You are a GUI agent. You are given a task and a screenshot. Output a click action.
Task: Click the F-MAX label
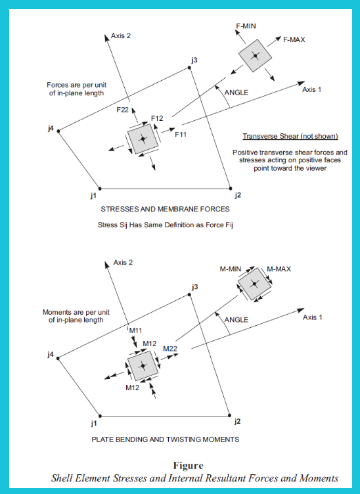tap(294, 39)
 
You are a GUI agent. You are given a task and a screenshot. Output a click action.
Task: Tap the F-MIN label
tap(246, 26)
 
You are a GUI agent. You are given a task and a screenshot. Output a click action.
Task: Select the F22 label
tap(123, 110)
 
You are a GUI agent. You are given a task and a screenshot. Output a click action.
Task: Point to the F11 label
tap(181, 135)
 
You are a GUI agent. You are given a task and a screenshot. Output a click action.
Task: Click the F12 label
tap(157, 118)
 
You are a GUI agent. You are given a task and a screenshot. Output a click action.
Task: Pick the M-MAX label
tap(279, 269)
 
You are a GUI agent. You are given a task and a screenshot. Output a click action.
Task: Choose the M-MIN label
tap(230, 269)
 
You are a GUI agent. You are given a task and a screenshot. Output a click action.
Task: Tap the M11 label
tap(135, 330)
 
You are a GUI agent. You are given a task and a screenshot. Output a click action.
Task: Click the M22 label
tap(170, 349)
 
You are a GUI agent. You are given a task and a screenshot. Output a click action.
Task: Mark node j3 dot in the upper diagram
tap(189, 68)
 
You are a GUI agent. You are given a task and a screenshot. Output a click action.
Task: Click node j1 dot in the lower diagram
tap(100, 416)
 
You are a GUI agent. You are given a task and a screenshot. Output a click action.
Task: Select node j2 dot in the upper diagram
tap(230, 189)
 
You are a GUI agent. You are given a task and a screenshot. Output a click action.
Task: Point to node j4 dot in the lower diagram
tap(58, 358)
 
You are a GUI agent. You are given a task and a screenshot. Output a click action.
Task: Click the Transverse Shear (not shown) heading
tap(290, 136)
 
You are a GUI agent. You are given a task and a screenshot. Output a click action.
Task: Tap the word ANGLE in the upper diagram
tap(236, 93)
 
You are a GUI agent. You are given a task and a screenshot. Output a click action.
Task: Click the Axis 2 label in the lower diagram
tap(123, 263)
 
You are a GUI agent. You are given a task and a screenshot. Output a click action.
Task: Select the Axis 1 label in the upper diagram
tap(312, 90)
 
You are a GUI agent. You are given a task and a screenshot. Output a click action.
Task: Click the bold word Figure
tap(189, 465)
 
